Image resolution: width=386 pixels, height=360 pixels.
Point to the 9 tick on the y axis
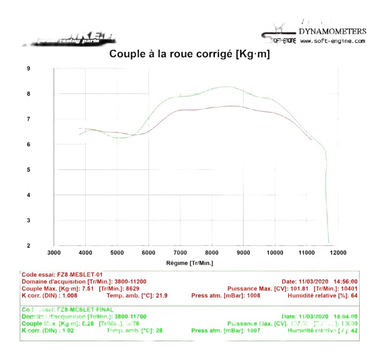point(28,69)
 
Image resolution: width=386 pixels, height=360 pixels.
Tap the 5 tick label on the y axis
point(28,170)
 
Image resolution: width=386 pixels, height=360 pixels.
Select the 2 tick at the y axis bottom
point(28,246)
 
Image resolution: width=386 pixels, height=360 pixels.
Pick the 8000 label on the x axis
point(212,253)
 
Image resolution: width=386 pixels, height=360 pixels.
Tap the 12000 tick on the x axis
point(338,253)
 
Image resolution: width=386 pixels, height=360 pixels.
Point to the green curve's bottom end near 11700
point(328,242)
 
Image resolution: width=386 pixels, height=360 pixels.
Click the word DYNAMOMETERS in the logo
point(332,32)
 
